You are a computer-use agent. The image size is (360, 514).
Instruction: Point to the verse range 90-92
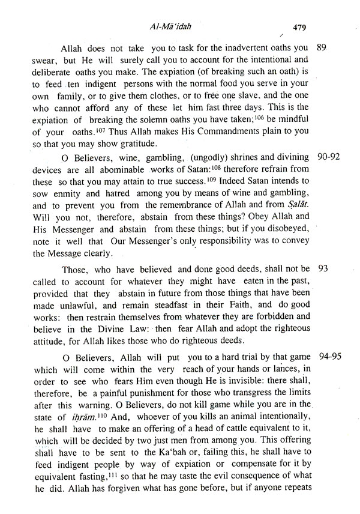coord(329,157)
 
